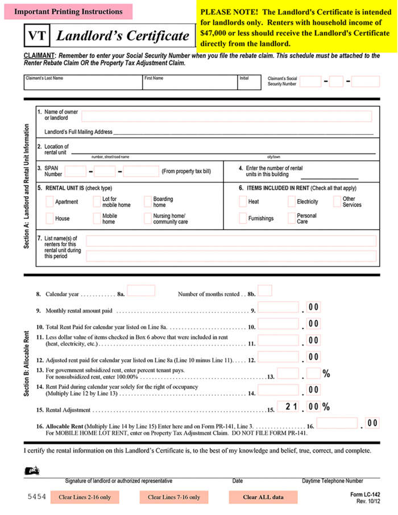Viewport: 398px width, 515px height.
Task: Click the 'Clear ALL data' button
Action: pos(263,497)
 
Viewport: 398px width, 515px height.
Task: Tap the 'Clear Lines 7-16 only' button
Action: pos(174,497)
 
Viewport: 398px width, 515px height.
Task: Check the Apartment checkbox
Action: pos(50,202)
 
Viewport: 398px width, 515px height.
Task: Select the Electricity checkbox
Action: pos(292,202)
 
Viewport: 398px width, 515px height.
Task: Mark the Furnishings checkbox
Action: pos(243,218)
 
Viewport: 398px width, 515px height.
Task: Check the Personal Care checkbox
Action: pos(292,218)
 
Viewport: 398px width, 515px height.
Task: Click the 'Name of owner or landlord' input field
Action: pos(226,117)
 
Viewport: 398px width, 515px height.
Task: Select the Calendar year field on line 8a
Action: pos(141,291)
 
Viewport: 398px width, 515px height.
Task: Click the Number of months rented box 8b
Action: pos(265,291)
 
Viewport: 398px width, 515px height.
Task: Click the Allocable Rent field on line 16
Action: pos(337,423)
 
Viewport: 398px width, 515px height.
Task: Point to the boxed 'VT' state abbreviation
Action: pos(37,36)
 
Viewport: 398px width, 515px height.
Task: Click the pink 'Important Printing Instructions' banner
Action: pos(68,12)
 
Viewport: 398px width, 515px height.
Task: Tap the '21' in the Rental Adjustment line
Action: pos(292,406)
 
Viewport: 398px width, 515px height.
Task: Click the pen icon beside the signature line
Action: pos(32,471)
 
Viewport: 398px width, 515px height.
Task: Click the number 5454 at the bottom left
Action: pos(36,497)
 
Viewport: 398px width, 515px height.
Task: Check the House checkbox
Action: pos(50,218)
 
